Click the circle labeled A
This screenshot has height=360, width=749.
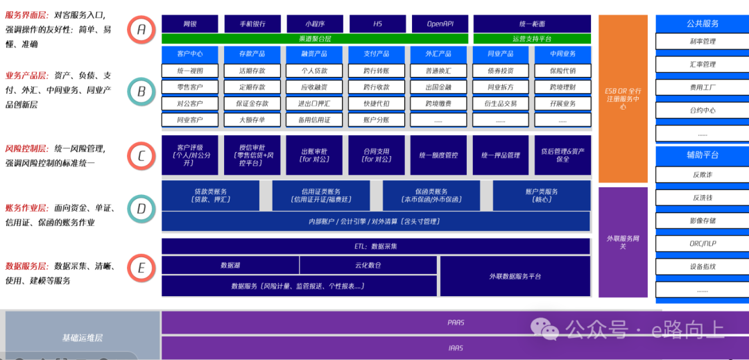141,30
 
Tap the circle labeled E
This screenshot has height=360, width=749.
141,268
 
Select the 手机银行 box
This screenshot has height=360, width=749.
252,24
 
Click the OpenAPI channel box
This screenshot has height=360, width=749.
439,24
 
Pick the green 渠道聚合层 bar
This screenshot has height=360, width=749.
314,39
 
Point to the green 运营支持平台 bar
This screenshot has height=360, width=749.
532,39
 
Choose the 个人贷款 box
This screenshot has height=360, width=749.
314,71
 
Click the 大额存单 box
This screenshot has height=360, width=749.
252,120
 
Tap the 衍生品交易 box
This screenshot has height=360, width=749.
501,103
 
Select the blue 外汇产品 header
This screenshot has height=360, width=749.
439,54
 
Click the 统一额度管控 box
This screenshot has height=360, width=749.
439,155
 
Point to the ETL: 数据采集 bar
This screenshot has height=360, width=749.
376,246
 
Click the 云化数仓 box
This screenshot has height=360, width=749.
368,265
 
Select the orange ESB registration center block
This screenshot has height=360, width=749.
623,98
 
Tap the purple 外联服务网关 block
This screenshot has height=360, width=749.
623,241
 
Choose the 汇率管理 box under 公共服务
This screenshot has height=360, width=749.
702,65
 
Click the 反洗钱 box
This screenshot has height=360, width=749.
702,198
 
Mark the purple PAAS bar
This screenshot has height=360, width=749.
455,323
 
